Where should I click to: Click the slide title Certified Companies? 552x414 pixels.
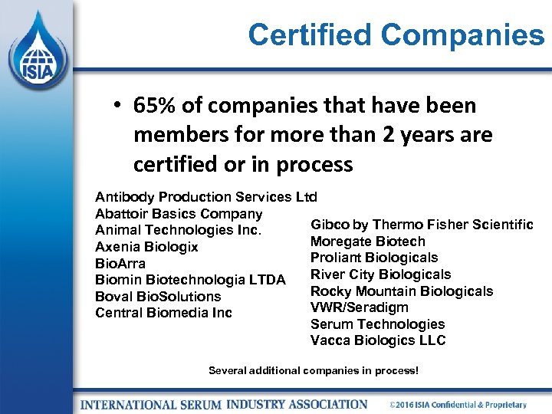click(x=396, y=34)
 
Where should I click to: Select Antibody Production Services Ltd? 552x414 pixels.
click(x=205, y=196)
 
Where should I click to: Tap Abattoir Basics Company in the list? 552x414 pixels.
click(x=179, y=213)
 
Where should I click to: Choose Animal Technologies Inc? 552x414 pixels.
click(x=179, y=230)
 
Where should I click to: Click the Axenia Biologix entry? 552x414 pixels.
click(x=146, y=247)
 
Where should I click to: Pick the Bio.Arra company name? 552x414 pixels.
click(x=120, y=264)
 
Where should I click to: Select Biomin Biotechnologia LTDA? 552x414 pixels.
click(x=190, y=280)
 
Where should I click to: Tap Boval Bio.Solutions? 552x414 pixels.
click(x=158, y=296)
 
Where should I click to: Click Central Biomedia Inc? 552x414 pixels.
click(x=163, y=313)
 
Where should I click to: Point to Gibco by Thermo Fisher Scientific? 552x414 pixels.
click(x=422, y=225)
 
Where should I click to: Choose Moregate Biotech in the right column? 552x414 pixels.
click(x=368, y=242)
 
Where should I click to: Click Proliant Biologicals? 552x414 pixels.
click(x=374, y=258)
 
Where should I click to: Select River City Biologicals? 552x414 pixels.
click(x=380, y=274)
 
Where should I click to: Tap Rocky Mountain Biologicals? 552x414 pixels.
click(x=402, y=291)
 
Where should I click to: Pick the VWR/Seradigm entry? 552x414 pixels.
click(x=360, y=307)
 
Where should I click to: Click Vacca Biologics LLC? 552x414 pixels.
click(x=378, y=340)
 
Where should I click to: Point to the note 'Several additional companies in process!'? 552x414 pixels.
click(x=314, y=371)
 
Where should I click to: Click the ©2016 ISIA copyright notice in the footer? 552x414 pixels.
click(x=458, y=404)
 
